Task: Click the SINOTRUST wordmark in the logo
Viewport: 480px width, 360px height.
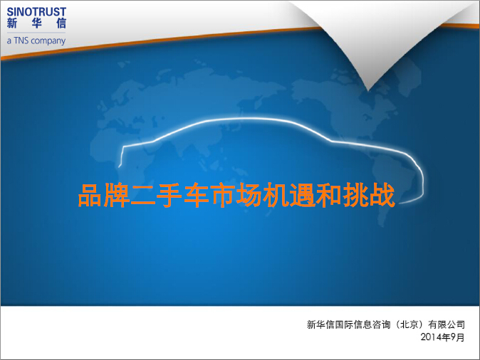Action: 36,12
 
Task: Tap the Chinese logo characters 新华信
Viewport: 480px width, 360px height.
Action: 36,23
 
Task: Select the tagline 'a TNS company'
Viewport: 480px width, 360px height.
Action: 36,41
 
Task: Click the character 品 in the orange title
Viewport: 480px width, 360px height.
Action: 90,195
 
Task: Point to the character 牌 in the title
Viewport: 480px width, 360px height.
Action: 117,195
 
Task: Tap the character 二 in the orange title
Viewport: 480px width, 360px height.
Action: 143,196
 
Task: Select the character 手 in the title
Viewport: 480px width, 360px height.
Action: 169,195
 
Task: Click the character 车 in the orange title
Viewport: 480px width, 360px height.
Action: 197,195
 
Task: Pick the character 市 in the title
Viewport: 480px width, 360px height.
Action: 222,195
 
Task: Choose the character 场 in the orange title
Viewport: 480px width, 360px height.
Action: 249,195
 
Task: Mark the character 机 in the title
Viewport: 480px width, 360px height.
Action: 276,195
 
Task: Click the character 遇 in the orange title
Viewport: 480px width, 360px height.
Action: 302,195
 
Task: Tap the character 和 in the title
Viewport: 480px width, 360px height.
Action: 328,195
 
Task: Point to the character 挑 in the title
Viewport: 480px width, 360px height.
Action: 355,195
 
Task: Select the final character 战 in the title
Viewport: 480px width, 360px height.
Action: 382,195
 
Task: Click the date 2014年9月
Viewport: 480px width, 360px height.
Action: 442,337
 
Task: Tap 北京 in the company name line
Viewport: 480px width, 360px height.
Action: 409,324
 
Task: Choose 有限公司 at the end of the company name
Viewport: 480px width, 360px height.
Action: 447,324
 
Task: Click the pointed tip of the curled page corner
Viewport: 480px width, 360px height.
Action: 368,90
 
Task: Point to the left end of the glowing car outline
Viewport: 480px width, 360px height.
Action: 120,166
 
